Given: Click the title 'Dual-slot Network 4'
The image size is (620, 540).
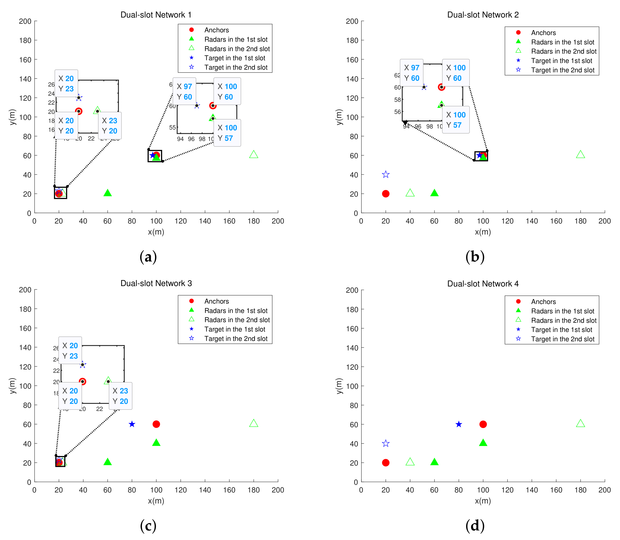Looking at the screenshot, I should [483, 284].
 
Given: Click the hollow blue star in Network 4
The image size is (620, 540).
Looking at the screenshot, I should [386, 443].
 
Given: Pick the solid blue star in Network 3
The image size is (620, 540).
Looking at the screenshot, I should [132, 424].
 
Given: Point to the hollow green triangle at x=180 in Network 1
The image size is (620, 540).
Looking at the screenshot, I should [254, 154].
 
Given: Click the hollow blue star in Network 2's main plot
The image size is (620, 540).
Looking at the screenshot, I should [386, 175].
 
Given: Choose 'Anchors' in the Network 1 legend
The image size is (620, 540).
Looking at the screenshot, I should [216, 30].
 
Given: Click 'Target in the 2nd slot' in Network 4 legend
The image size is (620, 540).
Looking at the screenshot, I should [562, 339].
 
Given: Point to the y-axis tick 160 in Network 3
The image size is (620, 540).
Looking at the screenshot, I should [25, 328].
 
